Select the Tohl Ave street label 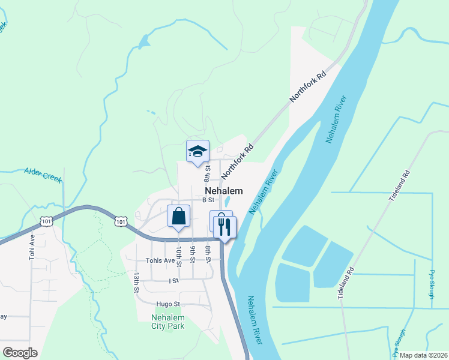pos(32,247)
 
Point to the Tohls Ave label pos(160,261)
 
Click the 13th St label pos(137,283)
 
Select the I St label pos(173,280)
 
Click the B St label pos(208,199)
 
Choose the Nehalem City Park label pos(167,322)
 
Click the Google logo pos(20,353)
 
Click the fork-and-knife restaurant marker pos(225,226)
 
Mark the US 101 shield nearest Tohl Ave pos(47,221)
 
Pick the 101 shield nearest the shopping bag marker pos(121,221)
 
